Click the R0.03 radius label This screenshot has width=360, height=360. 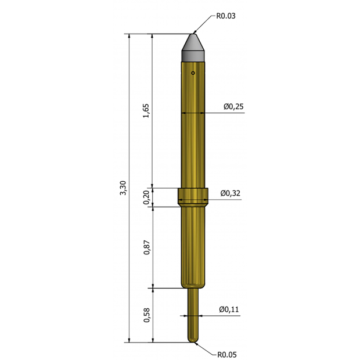tap(226, 16)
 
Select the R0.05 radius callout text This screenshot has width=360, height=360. tap(227, 354)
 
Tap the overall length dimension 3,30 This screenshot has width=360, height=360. tap(123, 188)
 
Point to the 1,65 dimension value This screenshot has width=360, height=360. tap(146, 110)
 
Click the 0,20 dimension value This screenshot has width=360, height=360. tap(146, 197)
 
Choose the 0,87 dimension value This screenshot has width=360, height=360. tap(146, 247)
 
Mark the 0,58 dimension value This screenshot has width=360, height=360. tap(146, 315)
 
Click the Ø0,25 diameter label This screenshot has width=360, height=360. tap(233, 107)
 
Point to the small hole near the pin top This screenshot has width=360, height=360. tap(193, 73)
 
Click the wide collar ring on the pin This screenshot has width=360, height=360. tap(193, 197)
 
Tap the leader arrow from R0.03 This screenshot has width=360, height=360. tap(203, 25)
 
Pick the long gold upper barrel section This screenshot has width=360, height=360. tap(193, 128)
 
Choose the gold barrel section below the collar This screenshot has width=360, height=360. tap(193, 247)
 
